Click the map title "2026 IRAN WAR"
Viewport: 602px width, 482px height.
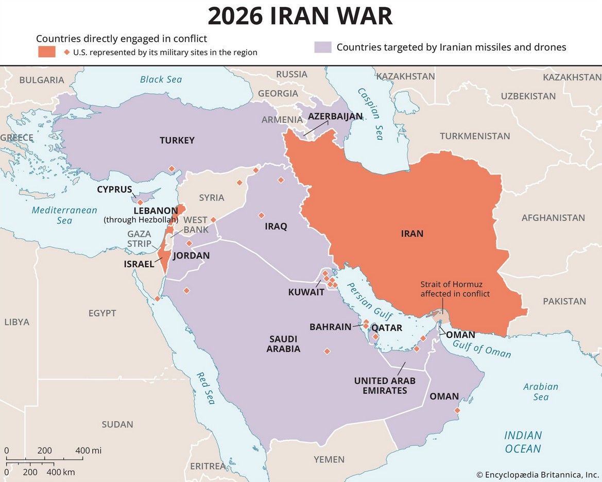click(300, 16)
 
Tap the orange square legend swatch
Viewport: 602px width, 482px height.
click(46, 52)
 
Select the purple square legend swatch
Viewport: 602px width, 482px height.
click(322, 47)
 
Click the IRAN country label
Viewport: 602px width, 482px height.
click(412, 234)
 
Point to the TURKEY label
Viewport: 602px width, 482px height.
click(177, 140)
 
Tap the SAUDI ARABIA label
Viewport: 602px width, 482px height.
click(283, 343)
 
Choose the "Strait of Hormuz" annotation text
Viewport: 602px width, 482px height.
click(455, 289)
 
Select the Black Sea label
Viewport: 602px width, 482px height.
click(161, 79)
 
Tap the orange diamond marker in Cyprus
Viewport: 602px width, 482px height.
click(140, 202)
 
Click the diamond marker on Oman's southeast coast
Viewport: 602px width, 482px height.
click(457, 410)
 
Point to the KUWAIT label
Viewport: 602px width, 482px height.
click(306, 292)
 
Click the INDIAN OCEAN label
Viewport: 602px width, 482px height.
click(523, 442)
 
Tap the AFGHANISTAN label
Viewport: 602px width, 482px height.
click(553, 218)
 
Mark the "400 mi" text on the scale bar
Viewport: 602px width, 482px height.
click(89, 451)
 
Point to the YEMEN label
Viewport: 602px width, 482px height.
click(329, 459)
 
